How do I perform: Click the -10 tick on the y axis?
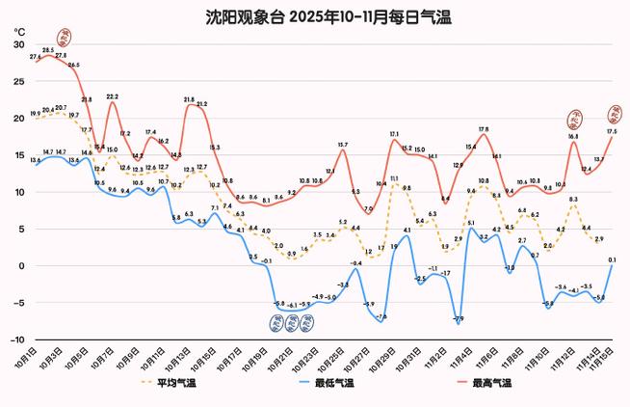[x=16, y=339]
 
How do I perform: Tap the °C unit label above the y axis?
[x=19, y=32]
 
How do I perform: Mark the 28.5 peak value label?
[x=48, y=49]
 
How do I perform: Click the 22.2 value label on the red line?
[x=113, y=96]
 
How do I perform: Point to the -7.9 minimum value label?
[x=458, y=318]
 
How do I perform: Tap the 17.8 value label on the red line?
[x=483, y=128]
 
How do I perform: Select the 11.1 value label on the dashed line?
[x=394, y=178]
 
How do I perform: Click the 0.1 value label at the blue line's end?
[x=612, y=259]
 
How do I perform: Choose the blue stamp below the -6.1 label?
[x=292, y=323]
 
